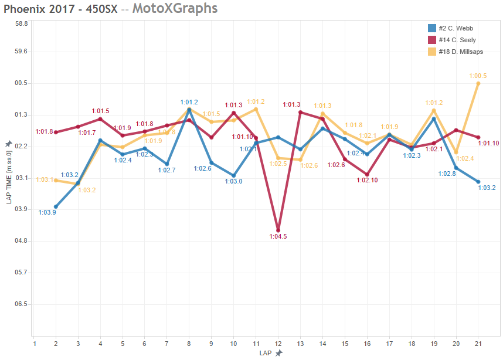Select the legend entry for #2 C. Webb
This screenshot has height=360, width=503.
coord(456,28)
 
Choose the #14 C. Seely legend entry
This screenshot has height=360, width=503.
coord(457,40)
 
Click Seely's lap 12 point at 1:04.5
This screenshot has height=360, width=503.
coord(278,230)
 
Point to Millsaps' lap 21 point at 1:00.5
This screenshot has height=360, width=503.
coord(478,83)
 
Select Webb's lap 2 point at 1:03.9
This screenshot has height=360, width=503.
coord(56,206)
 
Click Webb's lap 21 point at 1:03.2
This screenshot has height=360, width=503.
coord(478,182)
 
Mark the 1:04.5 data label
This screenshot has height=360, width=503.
coord(278,237)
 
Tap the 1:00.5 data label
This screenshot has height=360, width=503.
coord(478,76)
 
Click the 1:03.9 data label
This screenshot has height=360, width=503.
coord(47,212)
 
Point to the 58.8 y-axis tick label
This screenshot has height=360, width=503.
coord(22,23)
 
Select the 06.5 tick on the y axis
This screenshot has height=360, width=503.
coord(22,304)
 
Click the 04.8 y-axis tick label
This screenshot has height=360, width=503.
coord(22,241)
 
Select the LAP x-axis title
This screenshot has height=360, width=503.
coord(267,353)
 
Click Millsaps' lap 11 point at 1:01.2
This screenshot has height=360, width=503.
coord(256,109)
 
